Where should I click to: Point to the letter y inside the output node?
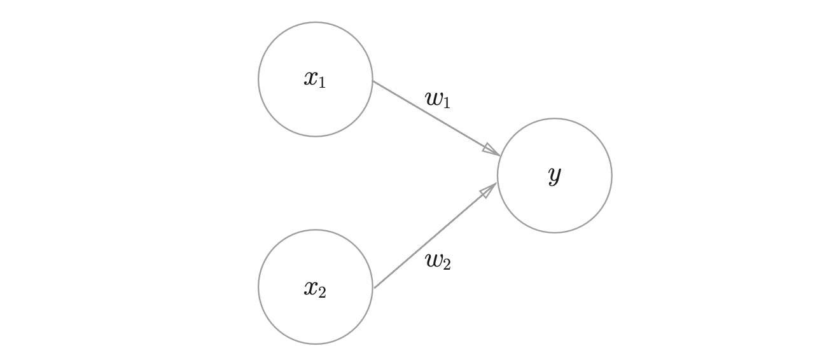point(554,174)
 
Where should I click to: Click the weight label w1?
point(438,99)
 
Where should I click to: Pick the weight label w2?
point(438,260)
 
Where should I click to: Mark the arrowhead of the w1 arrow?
point(491,150)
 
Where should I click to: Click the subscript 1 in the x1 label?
point(322,83)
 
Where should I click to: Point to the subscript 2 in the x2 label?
point(322,293)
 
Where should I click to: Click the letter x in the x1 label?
point(310,78)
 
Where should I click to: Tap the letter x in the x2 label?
point(310,288)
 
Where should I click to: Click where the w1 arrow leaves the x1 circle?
point(373,81)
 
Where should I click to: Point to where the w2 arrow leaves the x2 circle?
point(375,287)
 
